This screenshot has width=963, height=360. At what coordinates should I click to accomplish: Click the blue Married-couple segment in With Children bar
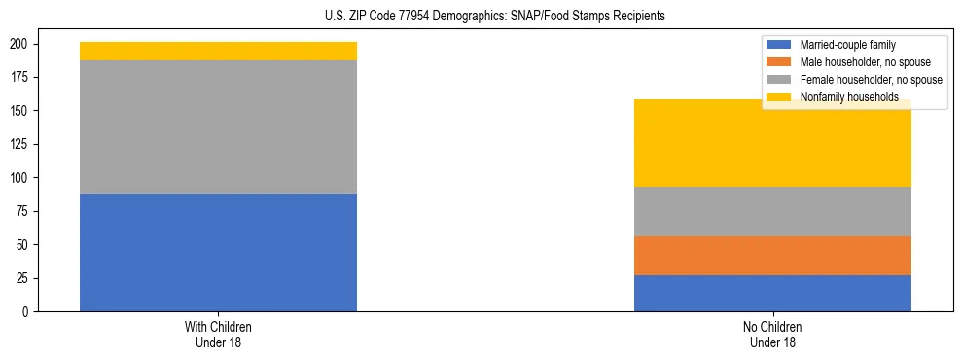click(218, 252)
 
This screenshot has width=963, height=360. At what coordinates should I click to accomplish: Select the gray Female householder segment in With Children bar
click(218, 126)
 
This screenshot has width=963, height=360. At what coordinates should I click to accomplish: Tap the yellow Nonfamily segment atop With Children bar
click(218, 51)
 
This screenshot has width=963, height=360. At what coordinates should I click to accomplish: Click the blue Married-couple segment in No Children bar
click(772, 293)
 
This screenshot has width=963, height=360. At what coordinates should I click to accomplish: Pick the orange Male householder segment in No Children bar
click(772, 256)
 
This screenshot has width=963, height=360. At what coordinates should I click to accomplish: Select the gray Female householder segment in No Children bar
click(772, 211)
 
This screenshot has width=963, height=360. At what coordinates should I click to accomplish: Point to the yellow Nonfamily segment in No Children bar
click(772, 143)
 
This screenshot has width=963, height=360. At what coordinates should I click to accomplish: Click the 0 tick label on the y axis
click(28, 311)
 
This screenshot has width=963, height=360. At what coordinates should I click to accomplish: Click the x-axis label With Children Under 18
click(218, 334)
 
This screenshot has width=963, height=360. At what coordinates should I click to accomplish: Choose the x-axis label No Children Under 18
click(772, 334)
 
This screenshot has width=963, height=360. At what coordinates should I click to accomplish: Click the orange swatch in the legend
click(780, 62)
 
